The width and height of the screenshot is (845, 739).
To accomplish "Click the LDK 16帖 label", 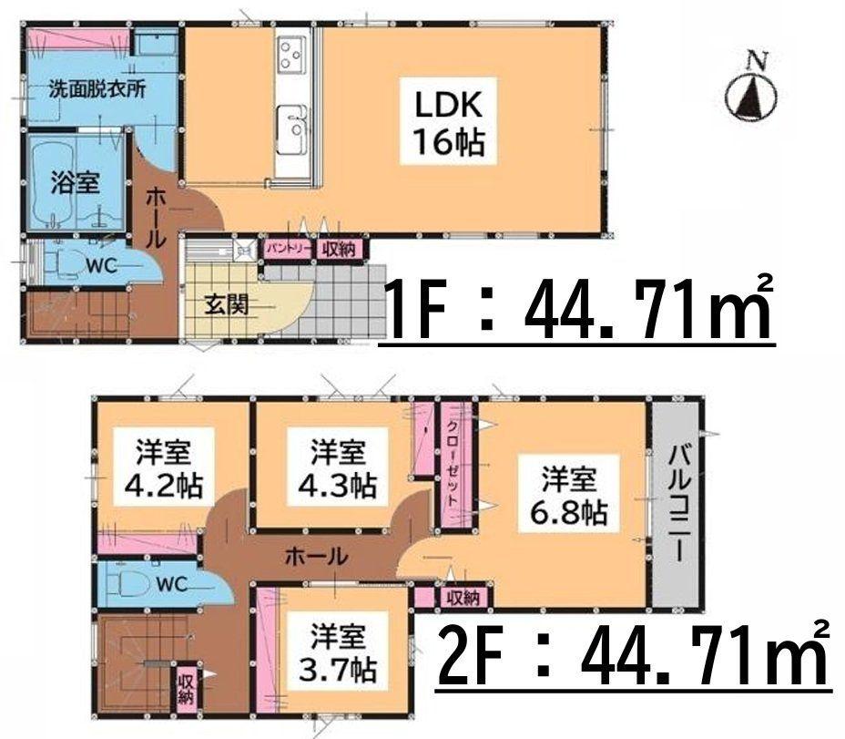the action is click(x=448, y=120).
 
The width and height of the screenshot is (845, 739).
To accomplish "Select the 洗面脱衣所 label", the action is click(x=97, y=89).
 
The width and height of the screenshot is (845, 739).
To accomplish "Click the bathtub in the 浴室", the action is click(x=54, y=181).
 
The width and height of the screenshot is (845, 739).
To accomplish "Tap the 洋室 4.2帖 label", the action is click(x=163, y=468).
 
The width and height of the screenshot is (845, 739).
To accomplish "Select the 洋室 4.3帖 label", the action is click(x=337, y=468).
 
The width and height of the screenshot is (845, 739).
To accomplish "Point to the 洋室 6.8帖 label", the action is click(x=569, y=498).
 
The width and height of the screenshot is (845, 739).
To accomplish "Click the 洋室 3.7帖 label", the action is click(x=337, y=653).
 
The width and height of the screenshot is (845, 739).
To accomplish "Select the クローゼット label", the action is click(x=452, y=462).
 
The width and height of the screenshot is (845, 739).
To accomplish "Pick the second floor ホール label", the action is click(x=316, y=556).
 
